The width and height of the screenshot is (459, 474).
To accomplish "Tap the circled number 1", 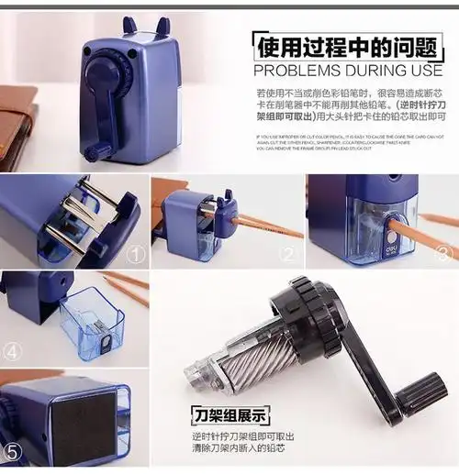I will pos(135,254).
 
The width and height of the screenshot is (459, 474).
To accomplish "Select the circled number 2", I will pos(288,255).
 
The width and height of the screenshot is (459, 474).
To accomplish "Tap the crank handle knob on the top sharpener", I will pos(90,149).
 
